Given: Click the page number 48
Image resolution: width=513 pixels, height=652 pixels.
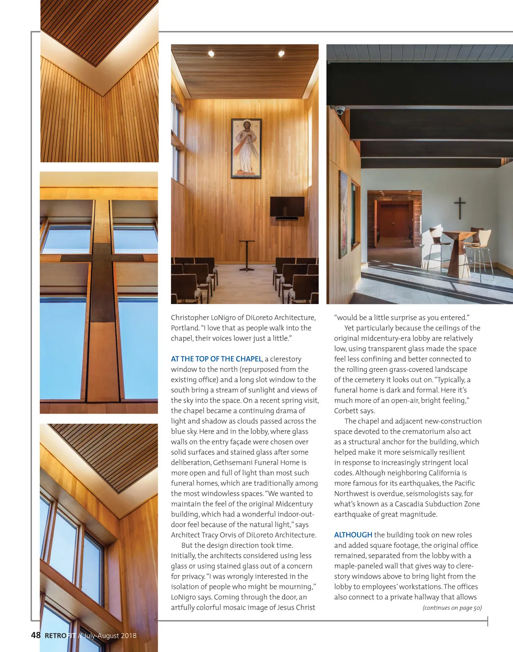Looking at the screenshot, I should (x=35, y=635).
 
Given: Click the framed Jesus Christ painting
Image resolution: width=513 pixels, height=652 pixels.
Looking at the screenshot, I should (x=246, y=148).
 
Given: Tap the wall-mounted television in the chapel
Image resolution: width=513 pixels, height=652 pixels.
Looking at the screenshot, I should (x=287, y=207).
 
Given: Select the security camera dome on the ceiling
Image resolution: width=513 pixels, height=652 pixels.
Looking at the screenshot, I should (x=340, y=110).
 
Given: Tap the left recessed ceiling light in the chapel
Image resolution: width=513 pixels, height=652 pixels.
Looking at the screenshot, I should (x=211, y=53).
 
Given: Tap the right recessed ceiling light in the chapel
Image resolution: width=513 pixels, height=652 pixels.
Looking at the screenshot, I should (x=281, y=53).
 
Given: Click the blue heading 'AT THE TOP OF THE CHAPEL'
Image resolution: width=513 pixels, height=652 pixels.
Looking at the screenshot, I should (x=216, y=359).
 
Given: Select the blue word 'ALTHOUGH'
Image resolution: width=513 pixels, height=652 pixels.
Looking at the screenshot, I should (x=353, y=535).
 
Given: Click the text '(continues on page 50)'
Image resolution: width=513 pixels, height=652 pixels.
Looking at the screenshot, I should (x=452, y=608).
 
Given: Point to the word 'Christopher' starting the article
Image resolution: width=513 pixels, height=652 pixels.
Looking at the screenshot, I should (x=190, y=318).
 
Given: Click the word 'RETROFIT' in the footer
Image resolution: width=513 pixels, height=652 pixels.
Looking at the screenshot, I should (x=60, y=635).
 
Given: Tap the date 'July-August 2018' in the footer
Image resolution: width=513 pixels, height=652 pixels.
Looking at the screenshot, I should (x=110, y=635).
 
